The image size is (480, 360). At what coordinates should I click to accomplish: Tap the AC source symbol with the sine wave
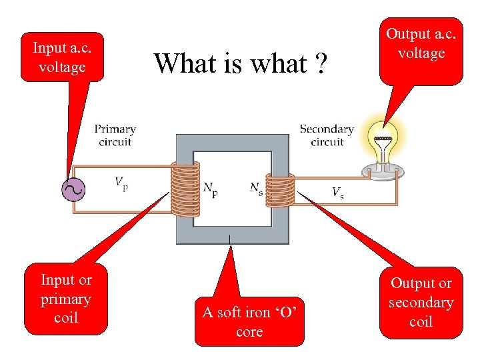[x=73, y=190]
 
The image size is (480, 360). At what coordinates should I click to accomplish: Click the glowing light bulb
[x=383, y=143]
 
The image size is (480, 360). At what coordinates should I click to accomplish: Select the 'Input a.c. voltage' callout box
[x=62, y=57]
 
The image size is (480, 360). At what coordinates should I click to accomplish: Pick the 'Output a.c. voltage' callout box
[x=421, y=47]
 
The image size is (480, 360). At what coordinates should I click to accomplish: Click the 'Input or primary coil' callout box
[x=66, y=299]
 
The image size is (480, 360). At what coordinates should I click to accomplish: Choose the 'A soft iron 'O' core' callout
[x=249, y=321]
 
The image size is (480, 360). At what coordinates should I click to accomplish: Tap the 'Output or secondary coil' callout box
[x=421, y=302]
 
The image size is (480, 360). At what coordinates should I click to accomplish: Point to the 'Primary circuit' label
[x=115, y=135]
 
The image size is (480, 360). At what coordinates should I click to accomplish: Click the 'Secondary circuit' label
[x=327, y=135]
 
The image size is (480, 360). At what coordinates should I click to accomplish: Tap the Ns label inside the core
[x=256, y=188]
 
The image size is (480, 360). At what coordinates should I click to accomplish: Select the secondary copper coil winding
[x=279, y=191]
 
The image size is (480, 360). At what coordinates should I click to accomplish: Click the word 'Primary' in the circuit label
[x=115, y=129]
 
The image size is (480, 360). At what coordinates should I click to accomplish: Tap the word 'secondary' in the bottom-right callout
[x=421, y=303]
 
